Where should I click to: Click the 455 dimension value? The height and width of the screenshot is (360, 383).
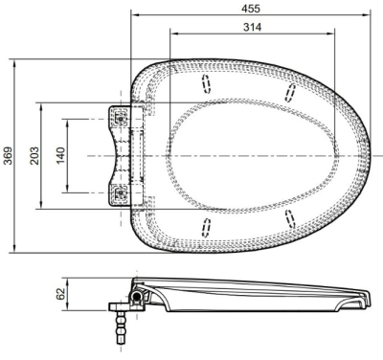251,9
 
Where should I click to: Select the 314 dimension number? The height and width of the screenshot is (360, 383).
252,28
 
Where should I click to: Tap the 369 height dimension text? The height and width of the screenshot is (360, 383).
9,156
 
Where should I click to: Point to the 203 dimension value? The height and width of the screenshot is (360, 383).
34,156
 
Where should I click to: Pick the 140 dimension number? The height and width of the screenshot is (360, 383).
60,156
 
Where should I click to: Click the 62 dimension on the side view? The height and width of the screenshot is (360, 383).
60,294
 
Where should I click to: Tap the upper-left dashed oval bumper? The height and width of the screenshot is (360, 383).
207,84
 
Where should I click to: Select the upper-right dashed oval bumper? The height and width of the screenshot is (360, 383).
290,93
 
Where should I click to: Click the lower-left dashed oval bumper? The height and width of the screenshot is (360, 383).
207,228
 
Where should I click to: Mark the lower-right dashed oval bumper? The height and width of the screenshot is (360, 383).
290,219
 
